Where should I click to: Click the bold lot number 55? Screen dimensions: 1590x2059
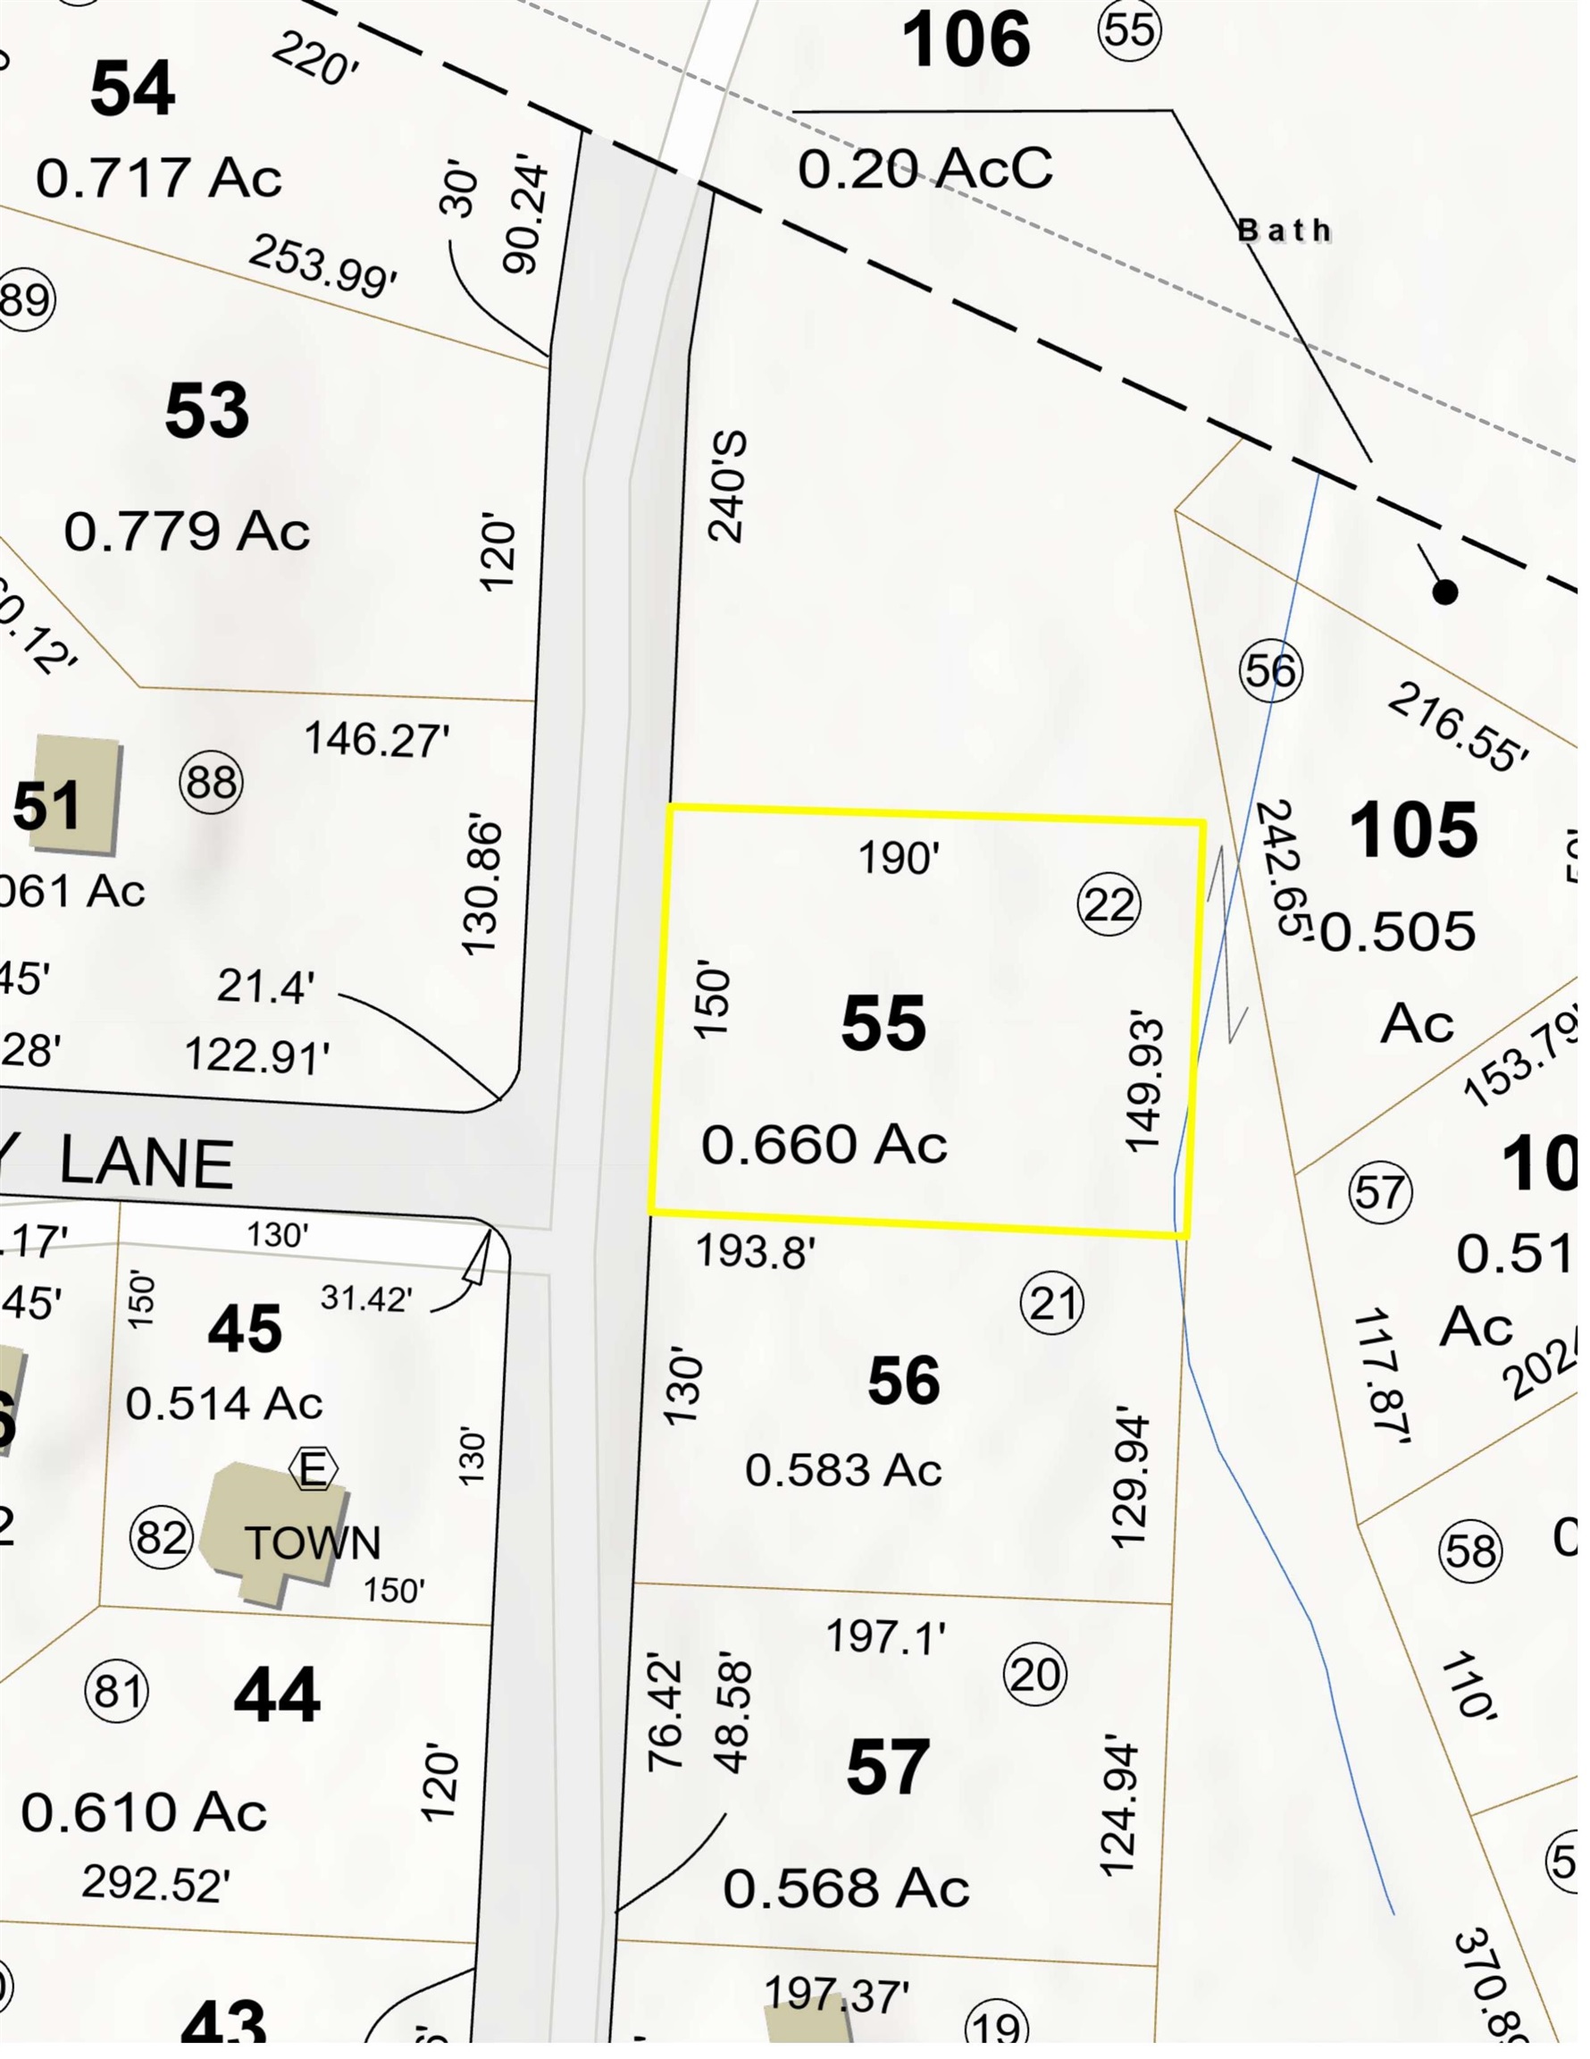coord(883,1023)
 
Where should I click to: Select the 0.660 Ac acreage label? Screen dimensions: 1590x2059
coord(824,1145)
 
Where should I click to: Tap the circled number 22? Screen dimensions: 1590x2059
coord(1109,905)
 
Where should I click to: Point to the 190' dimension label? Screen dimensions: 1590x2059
coord(899,858)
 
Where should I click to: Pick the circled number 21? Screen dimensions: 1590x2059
coord(1052,1305)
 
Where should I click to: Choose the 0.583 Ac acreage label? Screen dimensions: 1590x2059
coord(843,1470)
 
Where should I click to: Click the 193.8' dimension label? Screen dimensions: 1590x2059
coord(755,1252)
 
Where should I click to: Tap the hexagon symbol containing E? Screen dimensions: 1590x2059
coord(313,1469)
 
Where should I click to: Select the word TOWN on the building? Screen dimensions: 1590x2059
coord(313,1543)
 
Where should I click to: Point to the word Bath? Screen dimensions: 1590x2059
coord(1284,230)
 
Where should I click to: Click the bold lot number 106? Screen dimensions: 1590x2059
coord(967,40)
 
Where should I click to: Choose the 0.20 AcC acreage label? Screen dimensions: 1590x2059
coord(925,170)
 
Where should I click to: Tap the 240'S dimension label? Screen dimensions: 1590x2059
coord(729,486)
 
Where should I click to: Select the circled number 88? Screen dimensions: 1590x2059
coord(211,783)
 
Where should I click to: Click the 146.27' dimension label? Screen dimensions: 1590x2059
coord(376,740)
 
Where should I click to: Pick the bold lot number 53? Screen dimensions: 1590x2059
coord(206,411)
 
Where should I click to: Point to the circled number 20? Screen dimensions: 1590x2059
coord(1035,1675)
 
